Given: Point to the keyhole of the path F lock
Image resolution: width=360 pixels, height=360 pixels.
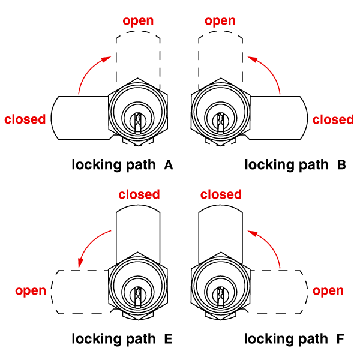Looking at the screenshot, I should [220, 296].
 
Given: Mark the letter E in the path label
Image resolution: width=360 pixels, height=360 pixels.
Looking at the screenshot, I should [168, 340].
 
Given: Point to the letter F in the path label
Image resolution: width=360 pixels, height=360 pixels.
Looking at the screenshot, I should [341, 340].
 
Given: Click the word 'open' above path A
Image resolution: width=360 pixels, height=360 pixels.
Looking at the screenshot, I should [138, 21].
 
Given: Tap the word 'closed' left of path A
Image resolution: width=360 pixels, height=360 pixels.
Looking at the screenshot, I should [25, 119].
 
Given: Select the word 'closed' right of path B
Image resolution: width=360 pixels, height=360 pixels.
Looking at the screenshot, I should [334, 119].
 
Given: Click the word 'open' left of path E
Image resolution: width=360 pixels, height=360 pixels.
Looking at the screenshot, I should [31, 291].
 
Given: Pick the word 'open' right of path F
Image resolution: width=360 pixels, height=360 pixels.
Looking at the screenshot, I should [328, 291].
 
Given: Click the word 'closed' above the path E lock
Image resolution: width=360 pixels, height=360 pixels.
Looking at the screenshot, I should [139, 194].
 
